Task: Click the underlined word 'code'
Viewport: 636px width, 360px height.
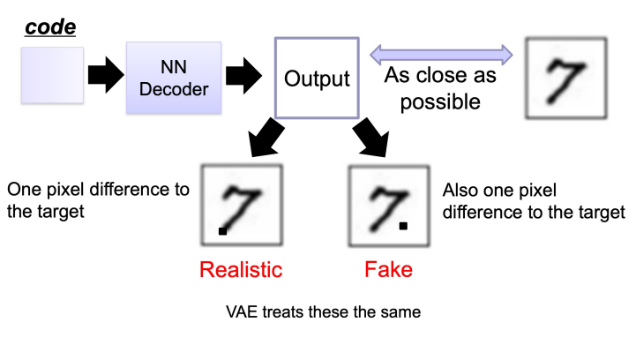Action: [x=49, y=27]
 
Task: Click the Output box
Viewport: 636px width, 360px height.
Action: [x=317, y=78]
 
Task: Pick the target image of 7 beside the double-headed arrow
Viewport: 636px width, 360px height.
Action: [x=565, y=78]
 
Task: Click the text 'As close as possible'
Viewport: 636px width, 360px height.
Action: [x=440, y=88]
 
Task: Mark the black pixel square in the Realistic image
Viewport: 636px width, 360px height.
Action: [x=223, y=231]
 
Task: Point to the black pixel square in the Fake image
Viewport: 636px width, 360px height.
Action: [x=403, y=226]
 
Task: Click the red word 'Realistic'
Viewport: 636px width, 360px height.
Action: [x=241, y=269]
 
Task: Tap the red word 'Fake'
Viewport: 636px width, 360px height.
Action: [x=389, y=269]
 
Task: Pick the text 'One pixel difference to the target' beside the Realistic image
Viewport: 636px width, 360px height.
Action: [x=97, y=200]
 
